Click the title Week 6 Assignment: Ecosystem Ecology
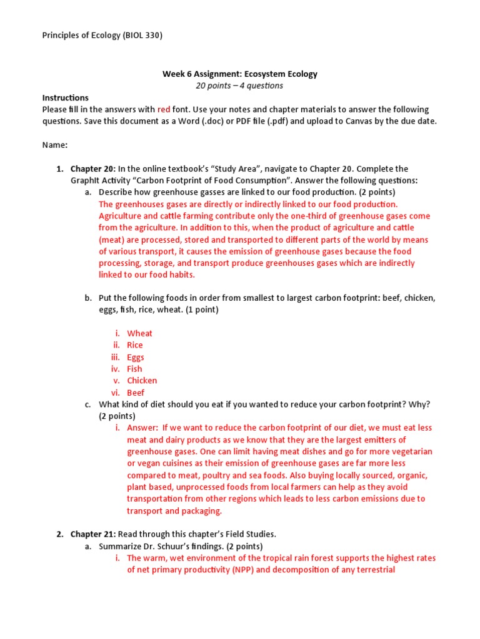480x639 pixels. (240, 74)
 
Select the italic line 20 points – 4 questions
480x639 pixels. (239, 85)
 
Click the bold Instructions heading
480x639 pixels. (65, 97)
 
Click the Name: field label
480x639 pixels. (55, 145)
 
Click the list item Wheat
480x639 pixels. (139, 333)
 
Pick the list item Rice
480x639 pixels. (135, 345)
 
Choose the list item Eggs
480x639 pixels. (136, 357)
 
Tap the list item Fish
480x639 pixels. (134, 369)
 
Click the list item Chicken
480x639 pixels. (142, 381)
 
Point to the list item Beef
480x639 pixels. (136, 393)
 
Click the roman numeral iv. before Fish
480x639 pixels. (117, 369)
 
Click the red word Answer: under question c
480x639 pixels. (142, 427)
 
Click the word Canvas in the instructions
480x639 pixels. (359, 121)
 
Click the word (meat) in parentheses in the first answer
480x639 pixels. (112, 240)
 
